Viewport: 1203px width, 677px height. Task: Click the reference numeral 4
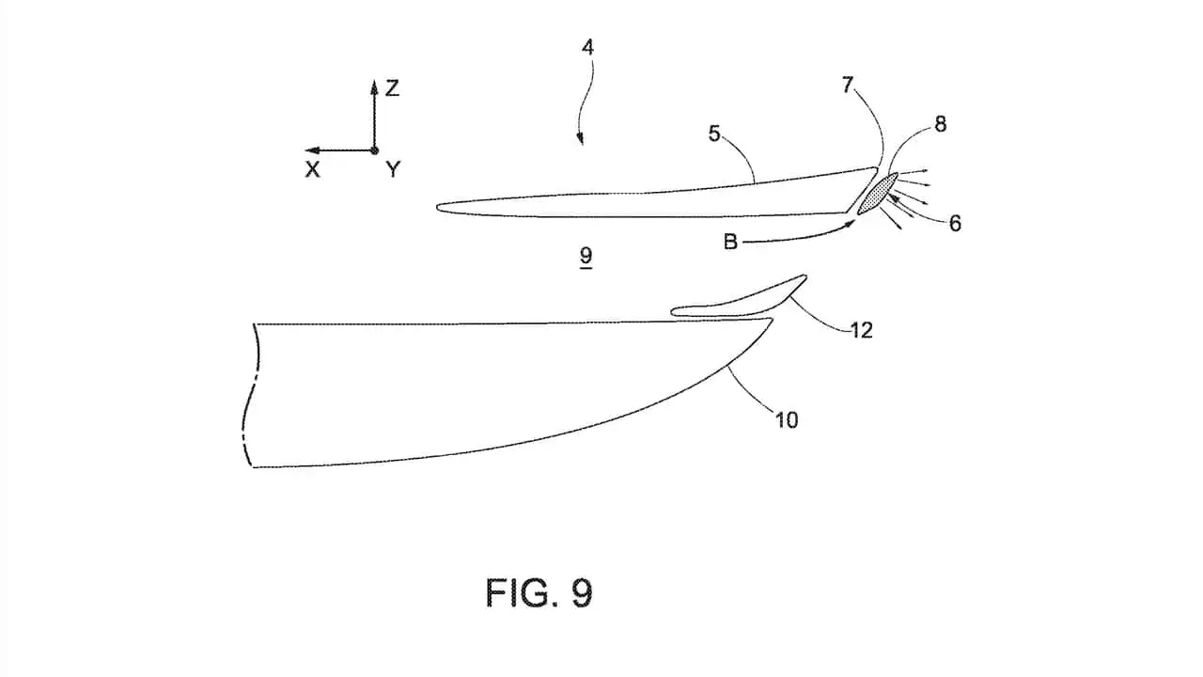point(588,48)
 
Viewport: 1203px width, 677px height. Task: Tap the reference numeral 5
point(713,134)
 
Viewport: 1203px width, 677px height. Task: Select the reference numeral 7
point(848,85)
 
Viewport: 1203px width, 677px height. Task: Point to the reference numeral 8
point(940,125)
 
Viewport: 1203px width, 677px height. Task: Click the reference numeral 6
point(955,224)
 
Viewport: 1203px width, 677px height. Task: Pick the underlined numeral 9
point(586,256)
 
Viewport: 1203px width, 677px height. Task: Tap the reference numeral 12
point(862,330)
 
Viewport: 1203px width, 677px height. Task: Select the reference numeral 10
point(787,419)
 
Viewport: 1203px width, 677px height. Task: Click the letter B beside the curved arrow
point(730,242)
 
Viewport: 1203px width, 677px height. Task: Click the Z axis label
point(392,88)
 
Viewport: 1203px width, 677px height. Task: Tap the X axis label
point(312,170)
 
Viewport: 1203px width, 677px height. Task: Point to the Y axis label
point(393,170)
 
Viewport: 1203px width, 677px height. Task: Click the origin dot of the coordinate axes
point(374,150)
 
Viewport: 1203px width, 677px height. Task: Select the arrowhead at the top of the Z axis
point(374,85)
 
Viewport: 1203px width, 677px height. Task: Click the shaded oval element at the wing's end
point(878,194)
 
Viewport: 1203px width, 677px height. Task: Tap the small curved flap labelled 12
point(740,299)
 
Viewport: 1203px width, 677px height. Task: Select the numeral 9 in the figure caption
point(582,593)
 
